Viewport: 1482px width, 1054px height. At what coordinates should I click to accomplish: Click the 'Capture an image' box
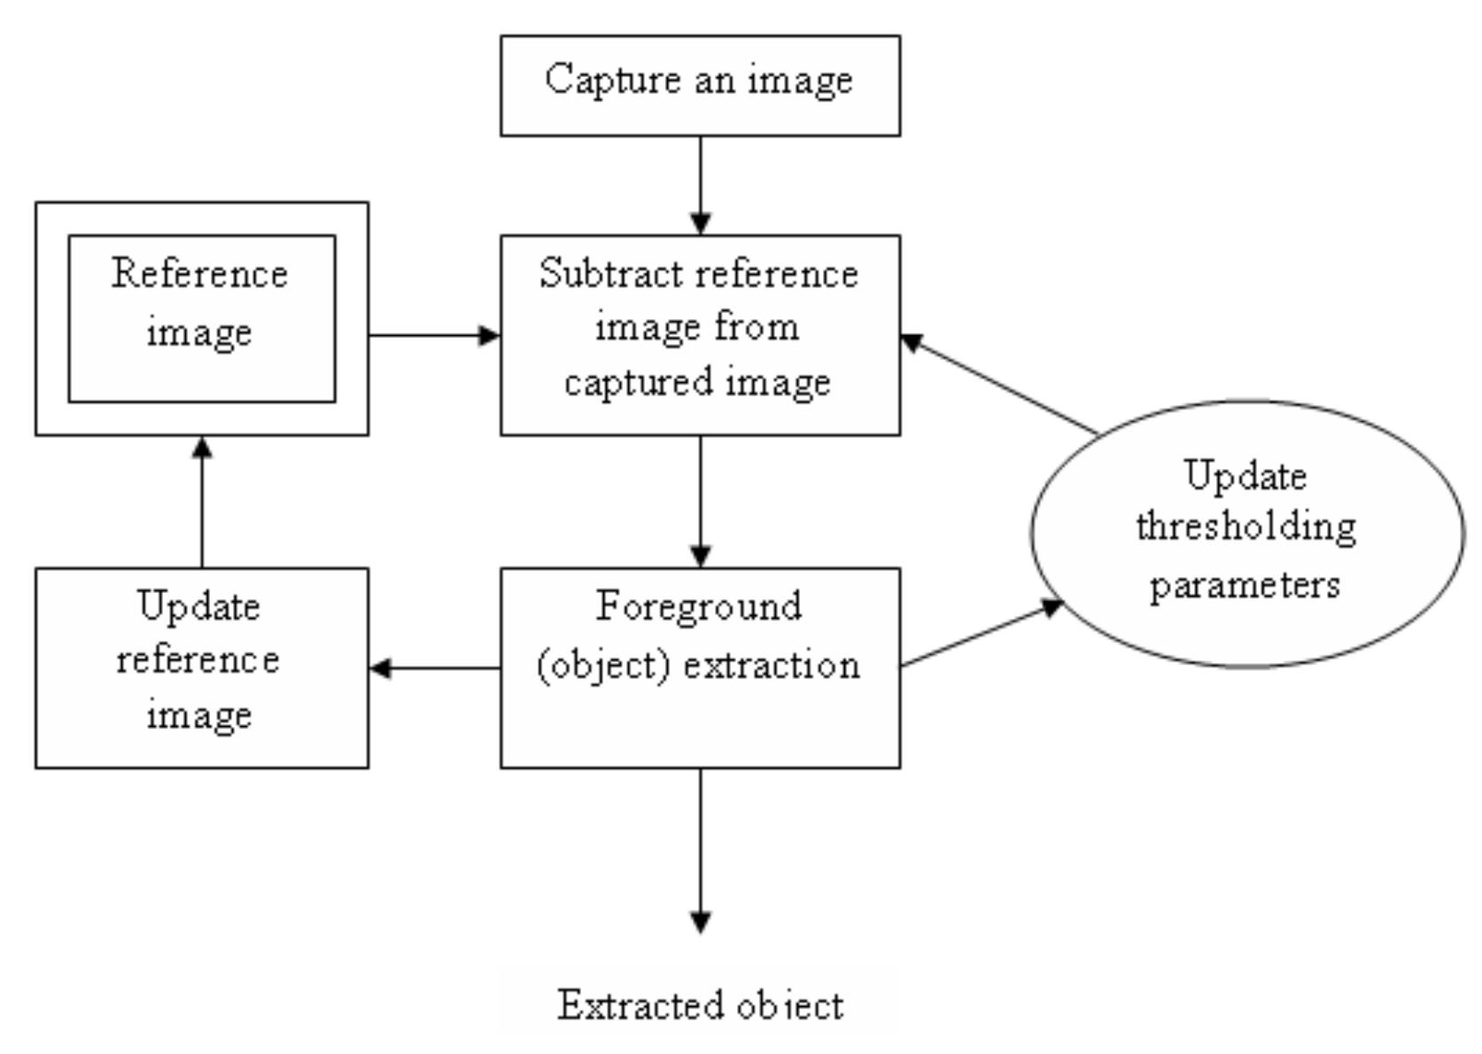(700, 86)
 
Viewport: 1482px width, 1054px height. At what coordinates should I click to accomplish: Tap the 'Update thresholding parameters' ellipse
(1246, 532)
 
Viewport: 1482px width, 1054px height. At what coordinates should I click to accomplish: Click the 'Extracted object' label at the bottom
(700, 1005)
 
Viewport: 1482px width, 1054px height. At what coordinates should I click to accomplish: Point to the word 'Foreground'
(699, 607)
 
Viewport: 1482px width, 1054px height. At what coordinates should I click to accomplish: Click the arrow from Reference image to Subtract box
(434, 335)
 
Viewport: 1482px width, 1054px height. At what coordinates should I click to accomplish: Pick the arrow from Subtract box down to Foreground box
(700, 501)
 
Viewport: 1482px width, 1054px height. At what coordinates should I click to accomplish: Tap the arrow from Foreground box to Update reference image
(434, 668)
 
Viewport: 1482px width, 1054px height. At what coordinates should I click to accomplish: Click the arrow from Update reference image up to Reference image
(202, 501)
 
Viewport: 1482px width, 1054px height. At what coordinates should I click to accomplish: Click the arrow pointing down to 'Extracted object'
(700, 851)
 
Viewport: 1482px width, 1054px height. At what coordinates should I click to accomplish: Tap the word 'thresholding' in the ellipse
(1245, 527)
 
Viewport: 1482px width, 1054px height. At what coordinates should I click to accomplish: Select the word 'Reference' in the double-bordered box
(200, 274)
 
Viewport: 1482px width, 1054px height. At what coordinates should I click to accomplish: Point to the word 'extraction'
(772, 666)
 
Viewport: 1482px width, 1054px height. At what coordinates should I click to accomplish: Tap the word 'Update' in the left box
(199, 607)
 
